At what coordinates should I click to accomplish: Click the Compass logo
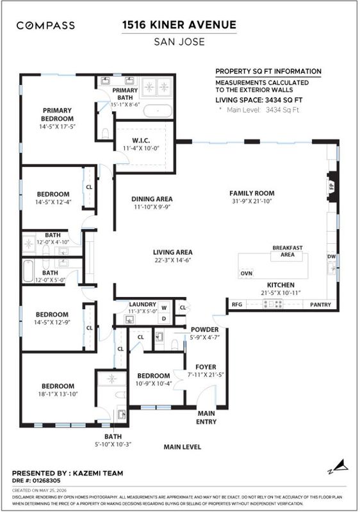45,25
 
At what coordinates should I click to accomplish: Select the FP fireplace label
331,187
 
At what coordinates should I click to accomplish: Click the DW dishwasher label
332,257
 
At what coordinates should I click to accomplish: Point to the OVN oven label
247,273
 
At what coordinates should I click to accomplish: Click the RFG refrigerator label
237,305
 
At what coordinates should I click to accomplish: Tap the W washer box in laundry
165,308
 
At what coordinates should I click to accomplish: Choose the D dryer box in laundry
165,319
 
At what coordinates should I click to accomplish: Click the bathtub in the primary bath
158,111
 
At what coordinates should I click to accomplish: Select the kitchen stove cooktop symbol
273,305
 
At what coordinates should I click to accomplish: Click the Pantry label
320,305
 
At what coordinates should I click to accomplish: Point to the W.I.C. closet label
141,141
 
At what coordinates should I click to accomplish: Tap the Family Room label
252,193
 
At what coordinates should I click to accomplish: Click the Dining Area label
152,199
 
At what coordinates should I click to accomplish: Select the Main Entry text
206,418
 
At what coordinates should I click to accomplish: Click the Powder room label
205,330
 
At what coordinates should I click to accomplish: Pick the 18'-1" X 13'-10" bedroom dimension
58,394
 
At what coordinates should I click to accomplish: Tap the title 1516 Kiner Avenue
179,25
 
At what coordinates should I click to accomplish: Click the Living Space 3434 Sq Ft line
259,100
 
